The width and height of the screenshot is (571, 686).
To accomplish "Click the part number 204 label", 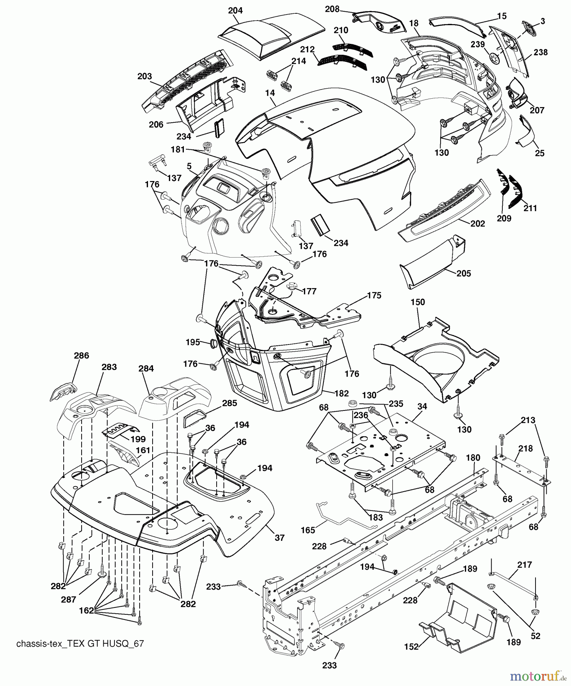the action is tap(235, 10).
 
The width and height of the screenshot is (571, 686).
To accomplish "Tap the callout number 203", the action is tap(145, 76).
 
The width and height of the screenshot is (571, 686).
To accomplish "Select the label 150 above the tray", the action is tap(417, 302).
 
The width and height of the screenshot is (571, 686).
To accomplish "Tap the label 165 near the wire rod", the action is tap(308, 530).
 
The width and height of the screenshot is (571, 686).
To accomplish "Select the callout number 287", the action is tap(68, 599).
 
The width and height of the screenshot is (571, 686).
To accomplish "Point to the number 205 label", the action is tap(463, 273).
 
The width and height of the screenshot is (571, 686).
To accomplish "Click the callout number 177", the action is tap(309, 291).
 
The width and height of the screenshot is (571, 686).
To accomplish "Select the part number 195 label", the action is tap(193, 342).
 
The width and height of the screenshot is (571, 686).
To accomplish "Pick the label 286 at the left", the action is tap(81, 356).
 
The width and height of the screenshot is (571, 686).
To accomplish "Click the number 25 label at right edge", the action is tap(540, 153).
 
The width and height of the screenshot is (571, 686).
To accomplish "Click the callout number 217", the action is tap(524, 564).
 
